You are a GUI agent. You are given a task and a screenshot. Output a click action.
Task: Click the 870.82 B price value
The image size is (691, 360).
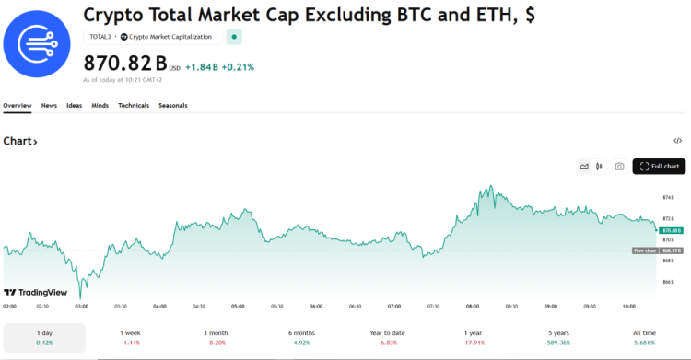[x=125, y=64]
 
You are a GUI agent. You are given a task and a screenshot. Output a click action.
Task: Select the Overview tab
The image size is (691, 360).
[x=18, y=106]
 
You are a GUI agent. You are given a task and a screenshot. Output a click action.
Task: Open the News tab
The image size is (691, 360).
[x=49, y=106]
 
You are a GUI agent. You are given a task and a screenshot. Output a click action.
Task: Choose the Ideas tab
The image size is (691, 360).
[x=74, y=106]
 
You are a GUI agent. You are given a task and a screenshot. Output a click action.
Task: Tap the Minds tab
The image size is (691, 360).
[x=100, y=106]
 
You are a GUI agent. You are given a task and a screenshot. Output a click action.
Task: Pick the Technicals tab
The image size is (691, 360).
[x=134, y=106]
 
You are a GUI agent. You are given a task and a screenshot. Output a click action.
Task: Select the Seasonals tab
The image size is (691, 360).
[x=173, y=106]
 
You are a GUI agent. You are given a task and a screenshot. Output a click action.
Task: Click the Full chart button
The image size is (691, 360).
[x=659, y=167]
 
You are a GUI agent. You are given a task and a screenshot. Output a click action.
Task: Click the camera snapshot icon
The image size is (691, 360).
[x=619, y=167]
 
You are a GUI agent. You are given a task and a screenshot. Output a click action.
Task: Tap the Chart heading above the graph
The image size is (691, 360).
[x=20, y=141]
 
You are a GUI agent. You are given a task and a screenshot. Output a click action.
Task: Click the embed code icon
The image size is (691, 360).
[x=677, y=141]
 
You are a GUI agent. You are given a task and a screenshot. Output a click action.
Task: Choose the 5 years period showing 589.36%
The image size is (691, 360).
[x=558, y=337]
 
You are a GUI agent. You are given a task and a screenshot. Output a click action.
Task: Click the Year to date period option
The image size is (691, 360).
[x=388, y=337]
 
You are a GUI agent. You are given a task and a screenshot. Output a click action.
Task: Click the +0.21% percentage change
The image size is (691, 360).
[x=239, y=67]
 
